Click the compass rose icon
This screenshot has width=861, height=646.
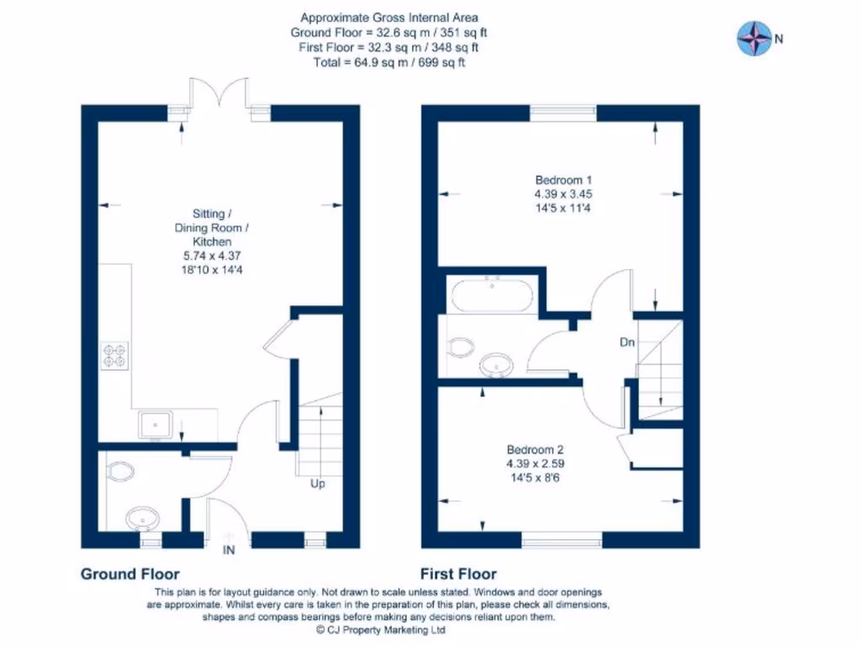click(754, 39)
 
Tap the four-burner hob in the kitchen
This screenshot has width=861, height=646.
click(114, 355)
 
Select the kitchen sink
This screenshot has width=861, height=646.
click(156, 425)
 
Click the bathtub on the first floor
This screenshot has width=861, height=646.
click(492, 294)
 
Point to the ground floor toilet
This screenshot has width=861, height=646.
click(120, 471)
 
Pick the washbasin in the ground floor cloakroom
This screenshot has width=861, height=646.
click(143, 518)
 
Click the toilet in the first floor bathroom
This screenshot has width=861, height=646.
click(462, 347)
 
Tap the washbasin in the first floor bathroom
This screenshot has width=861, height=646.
click(496, 365)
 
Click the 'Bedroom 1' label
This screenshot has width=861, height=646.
click(563, 180)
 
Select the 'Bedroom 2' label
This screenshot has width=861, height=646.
click(535, 449)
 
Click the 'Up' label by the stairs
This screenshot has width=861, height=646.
click(317, 484)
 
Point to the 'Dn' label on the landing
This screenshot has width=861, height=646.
click(627, 342)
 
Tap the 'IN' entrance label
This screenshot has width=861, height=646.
click(229, 550)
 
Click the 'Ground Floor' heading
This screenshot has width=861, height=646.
click(130, 574)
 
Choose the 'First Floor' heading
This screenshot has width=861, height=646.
click(458, 574)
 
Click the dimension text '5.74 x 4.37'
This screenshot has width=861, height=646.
click(212, 256)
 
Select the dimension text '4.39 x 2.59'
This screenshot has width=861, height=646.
click(535, 463)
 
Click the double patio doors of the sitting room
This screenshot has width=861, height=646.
click(219, 92)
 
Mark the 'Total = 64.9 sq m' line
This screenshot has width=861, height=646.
click(389, 62)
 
